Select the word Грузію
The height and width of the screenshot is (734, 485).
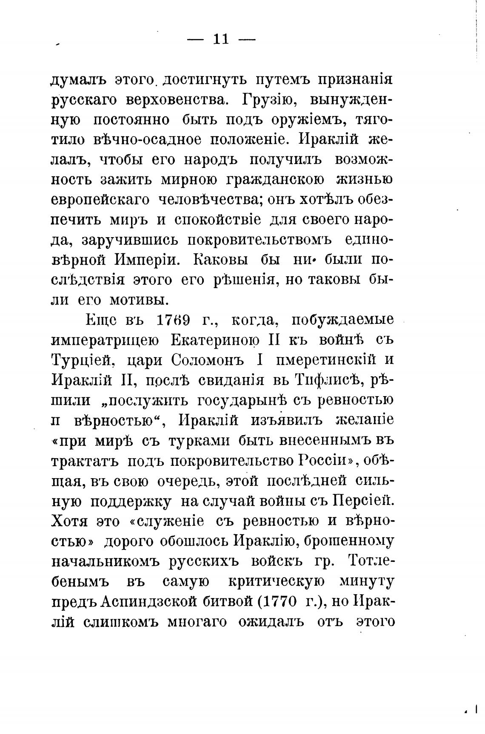coord(268,100)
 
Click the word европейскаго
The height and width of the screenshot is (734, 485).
coord(100,199)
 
